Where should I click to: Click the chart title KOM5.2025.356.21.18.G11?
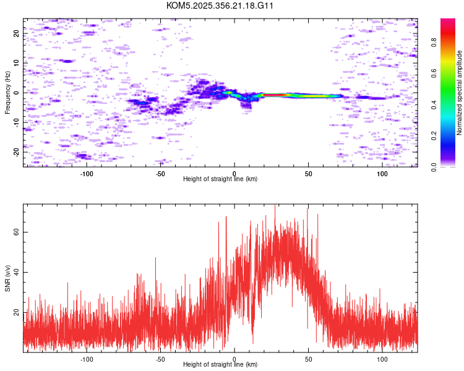click(x=220, y=6)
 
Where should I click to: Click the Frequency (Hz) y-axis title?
click(x=7, y=93)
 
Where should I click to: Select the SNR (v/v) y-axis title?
click(x=7, y=278)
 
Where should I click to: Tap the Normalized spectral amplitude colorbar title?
click(x=460, y=93)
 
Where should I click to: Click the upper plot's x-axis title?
click(x=220, y=179)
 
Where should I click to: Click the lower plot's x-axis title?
click(x=220, y=364)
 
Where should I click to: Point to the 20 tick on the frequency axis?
click(x=17, y=33)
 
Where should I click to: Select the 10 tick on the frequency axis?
click(x=17, y=62)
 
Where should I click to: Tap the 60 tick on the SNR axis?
click(x=17, y=231)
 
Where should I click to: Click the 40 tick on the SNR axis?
click(x=17, y=272)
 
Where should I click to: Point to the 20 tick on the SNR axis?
click(x=17, y=313)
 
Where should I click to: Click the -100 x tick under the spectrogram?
click(x=87, y=173)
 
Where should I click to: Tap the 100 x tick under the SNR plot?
click(x=382, y=358)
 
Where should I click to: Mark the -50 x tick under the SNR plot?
click(x=160, y=358)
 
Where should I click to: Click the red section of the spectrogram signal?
click(x=275, y=95)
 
